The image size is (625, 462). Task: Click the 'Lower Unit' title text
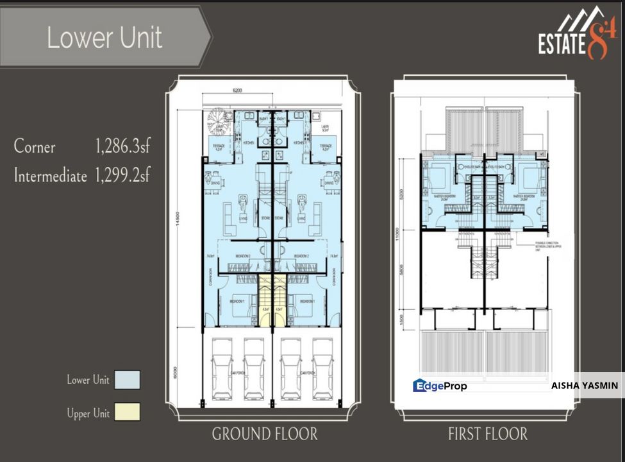coord(104,38)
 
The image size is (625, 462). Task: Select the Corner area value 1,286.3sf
coord(122,147)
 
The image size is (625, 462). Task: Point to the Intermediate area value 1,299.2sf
coord(122,175)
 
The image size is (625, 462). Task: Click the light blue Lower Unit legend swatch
coord(127,380)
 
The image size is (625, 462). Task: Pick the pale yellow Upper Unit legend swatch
coord(127,413)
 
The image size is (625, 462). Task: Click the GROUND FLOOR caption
coord(264,434)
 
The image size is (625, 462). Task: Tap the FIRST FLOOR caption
coord(488,434)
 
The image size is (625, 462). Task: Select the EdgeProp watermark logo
coord(440,386)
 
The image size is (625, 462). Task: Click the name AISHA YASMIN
coord(584,386)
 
